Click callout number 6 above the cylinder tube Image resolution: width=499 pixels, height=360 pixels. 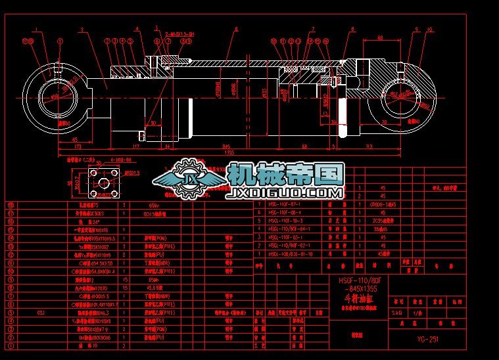(235, 29)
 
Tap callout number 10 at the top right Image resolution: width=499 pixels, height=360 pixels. (429, 29)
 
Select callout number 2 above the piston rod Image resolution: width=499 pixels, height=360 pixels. (81, 29)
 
